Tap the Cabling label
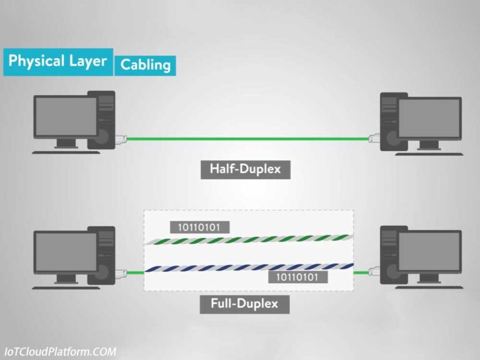[x=145, y=64]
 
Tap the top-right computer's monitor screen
[x=429, y=118]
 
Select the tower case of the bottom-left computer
[x=102, y=253]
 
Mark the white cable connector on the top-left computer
[x=121, y=137]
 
